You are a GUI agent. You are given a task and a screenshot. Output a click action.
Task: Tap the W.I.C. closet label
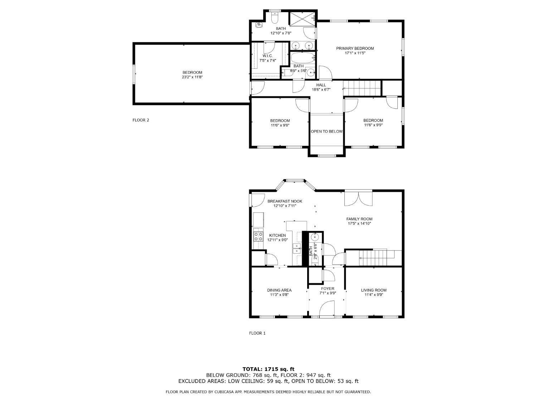(267, 56)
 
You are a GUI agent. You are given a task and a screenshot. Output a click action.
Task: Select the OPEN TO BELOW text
(326, 131)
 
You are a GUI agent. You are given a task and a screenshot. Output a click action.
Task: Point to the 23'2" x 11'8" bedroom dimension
(192, 77)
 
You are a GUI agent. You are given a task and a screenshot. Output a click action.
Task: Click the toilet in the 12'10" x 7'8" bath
(275, 17)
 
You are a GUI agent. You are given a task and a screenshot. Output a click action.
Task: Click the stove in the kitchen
(258, 236)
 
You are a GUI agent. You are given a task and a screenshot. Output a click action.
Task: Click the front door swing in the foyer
(326, 309)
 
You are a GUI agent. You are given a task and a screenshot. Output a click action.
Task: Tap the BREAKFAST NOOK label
(285, 201)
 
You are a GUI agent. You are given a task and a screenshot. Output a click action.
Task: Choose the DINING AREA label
(279, 290)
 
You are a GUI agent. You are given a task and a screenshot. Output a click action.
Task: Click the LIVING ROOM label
(373, 290)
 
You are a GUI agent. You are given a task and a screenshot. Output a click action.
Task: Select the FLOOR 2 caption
(141, 120)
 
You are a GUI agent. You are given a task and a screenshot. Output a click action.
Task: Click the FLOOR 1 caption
(257, 333)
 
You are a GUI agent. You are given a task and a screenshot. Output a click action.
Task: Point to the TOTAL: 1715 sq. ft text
(268, 369)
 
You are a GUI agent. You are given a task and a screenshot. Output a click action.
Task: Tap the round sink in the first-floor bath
(315, 237)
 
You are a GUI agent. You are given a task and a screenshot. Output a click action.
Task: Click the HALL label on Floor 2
(321, 85)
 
